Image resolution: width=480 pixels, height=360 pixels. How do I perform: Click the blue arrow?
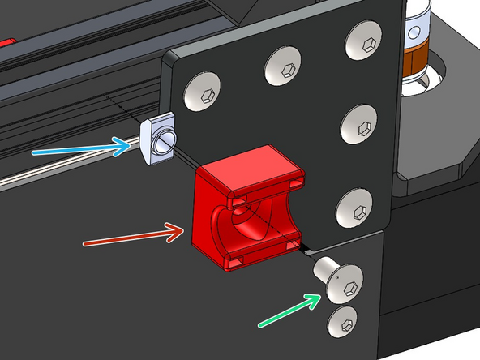[81, 149]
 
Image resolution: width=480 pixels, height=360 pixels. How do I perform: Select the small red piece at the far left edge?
[6, 40]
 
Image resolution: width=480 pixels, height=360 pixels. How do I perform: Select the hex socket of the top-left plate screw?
[203, 92]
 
